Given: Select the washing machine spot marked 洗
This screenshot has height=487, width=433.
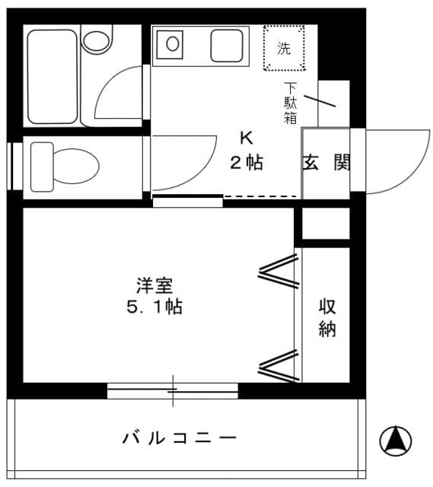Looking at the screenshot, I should (284, 49).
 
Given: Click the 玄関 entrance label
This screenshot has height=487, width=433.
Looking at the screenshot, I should (326, 162).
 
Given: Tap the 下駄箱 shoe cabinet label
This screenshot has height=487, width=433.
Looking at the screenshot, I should (291, 103).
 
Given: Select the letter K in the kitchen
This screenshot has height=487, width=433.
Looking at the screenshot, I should (246, 138).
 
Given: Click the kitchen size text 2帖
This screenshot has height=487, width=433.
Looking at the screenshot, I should (247, 162).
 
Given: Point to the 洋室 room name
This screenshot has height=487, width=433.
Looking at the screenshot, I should (154, 287).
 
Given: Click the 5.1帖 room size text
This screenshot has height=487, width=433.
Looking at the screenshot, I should (154, 307).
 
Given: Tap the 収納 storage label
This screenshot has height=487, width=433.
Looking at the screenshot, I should (327, 318).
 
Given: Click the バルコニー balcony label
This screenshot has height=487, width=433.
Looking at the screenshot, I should (180, 438).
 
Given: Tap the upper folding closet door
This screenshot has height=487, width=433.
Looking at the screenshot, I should (278, 272).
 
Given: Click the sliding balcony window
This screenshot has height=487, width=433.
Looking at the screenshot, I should (173, 391).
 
